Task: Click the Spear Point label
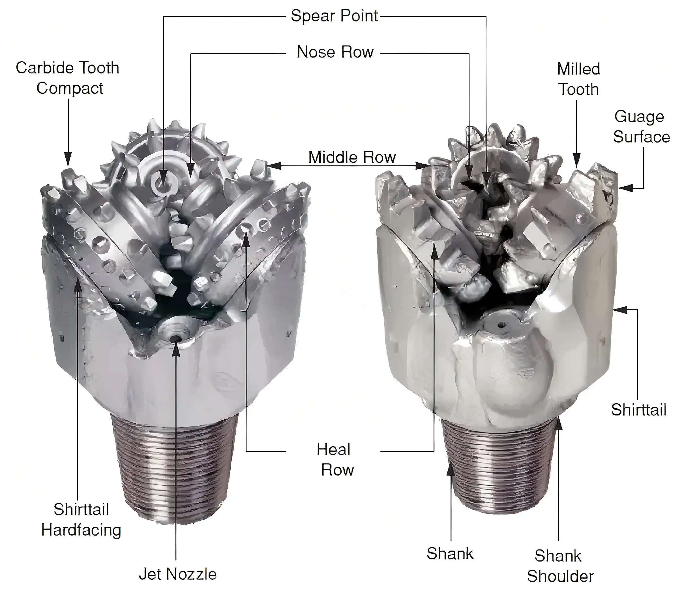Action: (x=334, y=16)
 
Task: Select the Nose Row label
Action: (x=335, y=52)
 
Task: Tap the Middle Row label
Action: (x=352, y=157)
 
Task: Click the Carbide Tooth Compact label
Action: (x=68, y=78)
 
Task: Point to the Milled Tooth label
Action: (x=578, y=79)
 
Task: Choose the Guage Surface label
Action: (x=641, y=127)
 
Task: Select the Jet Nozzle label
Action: (x=177, y=574)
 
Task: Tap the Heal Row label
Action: (x=335, y=460)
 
